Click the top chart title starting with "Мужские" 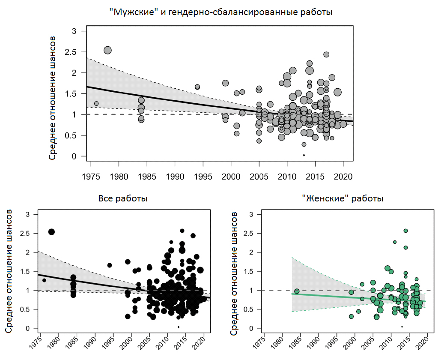click(x=221, y=12)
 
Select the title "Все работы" click(x=123, y=198)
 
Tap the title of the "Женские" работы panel click(x=343, y=198)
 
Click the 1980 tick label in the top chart click(x=119, y=176)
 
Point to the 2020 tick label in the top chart click(x=343, y=176)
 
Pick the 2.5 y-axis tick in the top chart click(x=75, y=52)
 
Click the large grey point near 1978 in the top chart click(x=107, y=50)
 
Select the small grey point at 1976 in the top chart click(x=96, y=103)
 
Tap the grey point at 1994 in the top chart click(x=197, y=87)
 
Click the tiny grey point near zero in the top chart click(x=304, y=155)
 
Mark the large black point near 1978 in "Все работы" click(x=51, y=232)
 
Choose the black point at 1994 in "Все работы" click(x=110, y=265)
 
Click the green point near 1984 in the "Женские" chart click(x=297, y=291)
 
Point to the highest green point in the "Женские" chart click(x=405, y=231)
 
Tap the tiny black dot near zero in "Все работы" click(x=178, y=327)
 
